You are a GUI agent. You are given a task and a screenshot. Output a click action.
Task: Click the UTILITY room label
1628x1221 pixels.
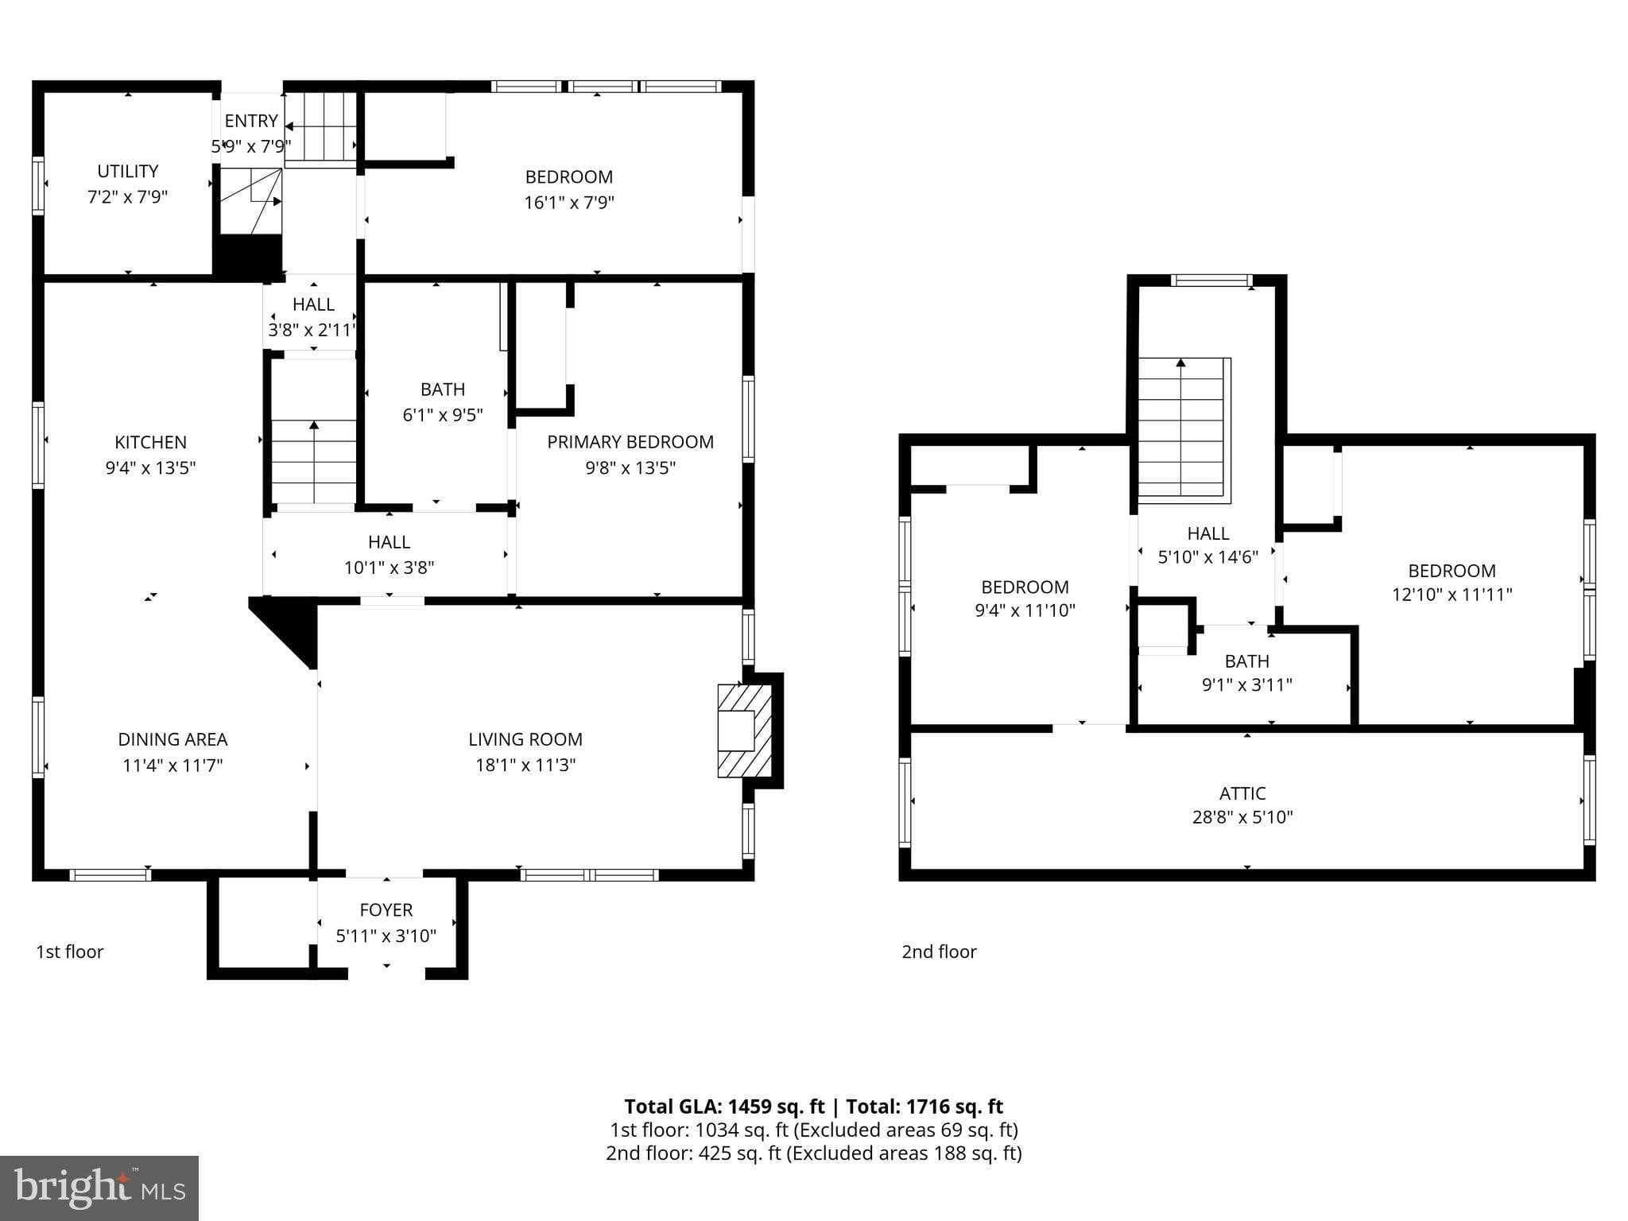pos(127,171)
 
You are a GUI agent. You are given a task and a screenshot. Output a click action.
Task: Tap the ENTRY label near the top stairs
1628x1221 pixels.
pos(250,121)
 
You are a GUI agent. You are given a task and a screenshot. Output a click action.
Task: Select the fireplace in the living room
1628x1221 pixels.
pos(744,731)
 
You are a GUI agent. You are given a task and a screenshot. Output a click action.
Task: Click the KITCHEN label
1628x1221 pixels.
pos(150,442)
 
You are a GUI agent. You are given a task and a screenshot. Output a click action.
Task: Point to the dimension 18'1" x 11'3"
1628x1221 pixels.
pos(525,765)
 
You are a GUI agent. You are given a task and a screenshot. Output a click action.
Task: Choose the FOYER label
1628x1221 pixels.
pos(386,909)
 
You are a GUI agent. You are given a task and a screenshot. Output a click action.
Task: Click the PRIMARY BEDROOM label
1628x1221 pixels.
pos(630,442)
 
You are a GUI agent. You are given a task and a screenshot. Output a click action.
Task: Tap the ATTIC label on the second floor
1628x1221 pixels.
pos(1242,793)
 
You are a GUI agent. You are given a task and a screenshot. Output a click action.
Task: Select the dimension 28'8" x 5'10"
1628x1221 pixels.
pos(1242,817)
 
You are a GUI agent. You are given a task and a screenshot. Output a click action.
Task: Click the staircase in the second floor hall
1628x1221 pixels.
pos(1183,429)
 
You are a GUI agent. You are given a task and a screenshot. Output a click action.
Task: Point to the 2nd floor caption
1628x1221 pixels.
pos(939,952)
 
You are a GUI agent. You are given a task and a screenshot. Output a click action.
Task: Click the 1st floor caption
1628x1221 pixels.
pos(69,952)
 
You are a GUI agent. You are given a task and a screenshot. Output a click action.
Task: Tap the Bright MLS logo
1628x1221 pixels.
pos(99,1188)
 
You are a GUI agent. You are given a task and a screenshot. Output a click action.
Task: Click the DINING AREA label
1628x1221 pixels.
pos(172,739)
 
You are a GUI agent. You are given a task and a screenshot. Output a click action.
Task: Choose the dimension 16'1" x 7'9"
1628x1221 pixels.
pos(568,202)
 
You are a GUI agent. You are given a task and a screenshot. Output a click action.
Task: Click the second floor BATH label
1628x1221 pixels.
pos(1246,661)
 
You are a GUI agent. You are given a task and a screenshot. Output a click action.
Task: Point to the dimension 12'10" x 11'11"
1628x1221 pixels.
pos(1452,595)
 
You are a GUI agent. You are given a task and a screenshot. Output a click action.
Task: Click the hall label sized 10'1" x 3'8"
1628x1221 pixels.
pos(389,542)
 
